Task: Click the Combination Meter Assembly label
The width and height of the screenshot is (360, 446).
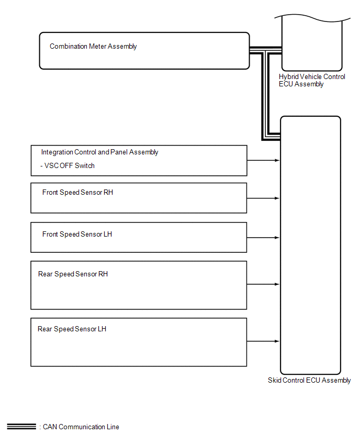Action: (93, 47)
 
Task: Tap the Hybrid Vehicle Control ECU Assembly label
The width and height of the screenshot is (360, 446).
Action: (312, 80)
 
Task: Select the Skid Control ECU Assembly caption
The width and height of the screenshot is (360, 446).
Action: (309, 381)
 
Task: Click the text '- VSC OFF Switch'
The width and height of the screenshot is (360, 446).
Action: (68, 166)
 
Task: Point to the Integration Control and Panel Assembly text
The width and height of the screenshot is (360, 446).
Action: (99, 152)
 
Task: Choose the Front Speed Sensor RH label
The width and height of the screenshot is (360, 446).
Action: (77, 193)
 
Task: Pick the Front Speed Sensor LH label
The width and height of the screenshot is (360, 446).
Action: (77, 235)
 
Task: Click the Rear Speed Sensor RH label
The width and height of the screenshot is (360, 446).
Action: (73, 274)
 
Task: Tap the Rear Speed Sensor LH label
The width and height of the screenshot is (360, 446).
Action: (72, 329)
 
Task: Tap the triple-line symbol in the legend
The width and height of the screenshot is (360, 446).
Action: (21, 427)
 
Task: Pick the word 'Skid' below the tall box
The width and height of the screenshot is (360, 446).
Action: (275, 381)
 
